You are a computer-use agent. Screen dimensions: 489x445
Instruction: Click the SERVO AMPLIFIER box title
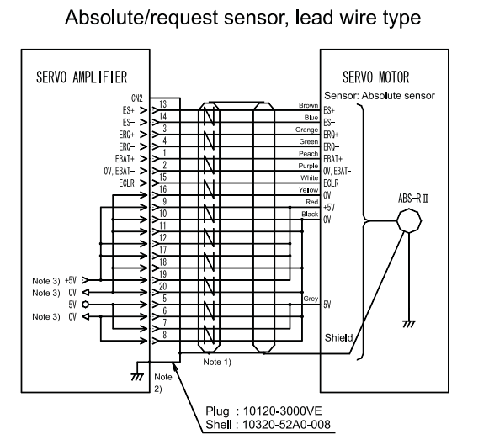pyautogui.click(x=82, y=77)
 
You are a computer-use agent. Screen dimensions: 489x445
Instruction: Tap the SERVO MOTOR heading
pyautogui.click(x=375, y=77)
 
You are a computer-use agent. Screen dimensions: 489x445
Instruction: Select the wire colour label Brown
pyautogui.click(x=308, y=105)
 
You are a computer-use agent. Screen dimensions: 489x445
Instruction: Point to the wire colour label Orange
pyautogui.click(x=307, y=130)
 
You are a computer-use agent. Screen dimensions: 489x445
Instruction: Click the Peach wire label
pyautogui.click(x=308, y=154)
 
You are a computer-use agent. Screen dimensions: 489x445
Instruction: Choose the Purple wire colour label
pyautogui.click(x=308, y=166)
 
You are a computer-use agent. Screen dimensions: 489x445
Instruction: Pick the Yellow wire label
pyautogui.click(x=308, y=190)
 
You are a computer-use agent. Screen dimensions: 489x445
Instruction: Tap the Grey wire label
pyautogui.click(x=311, y=299)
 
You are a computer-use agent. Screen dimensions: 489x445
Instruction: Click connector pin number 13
pyautogui.click(x=163, y=104)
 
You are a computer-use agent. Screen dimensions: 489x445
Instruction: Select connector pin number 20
pyautogui.click(x=163, y=286)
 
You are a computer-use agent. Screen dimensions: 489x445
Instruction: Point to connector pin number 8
pyautogui.click(x=165, y=335)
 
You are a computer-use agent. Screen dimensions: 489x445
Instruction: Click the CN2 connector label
pyautogui.click(x=137, y=98)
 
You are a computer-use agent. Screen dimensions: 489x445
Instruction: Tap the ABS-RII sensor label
pyautogui.click(x=413, y=199)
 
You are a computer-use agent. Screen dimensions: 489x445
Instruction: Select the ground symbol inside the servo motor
pyautogui.click(x=409, y=324)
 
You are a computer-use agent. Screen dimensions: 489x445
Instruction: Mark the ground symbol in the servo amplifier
pyautogui.click(x=137, y=377)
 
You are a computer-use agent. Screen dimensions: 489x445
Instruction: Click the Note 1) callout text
pyautogui.click(x=217, y=362)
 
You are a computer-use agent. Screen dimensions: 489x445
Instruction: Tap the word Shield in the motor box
pyautogui.click(x=338, y=338)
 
